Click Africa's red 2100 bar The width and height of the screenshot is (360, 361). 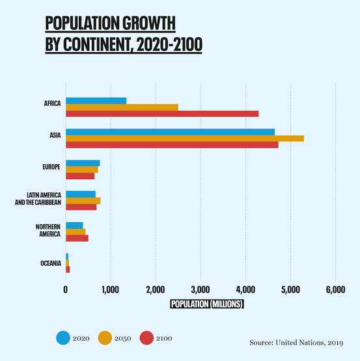coord(162,114)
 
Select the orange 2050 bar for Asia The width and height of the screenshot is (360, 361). coord(185,138)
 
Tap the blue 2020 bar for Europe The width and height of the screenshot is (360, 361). coord(83,163)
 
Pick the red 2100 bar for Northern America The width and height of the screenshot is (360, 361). coord(77,238)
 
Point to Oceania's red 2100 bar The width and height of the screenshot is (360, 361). coord(68,270)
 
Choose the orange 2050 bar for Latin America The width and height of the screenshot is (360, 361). coord(83,201)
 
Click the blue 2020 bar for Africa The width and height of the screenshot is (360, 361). coord(96,101)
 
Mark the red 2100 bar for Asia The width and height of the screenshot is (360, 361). coord(172,145)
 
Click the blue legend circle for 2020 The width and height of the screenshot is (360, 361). coord(63,338)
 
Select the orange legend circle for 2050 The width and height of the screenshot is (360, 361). coord(105,338)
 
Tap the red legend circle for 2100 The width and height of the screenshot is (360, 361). coord(146,338)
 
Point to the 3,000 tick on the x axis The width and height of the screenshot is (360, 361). coord(201,289)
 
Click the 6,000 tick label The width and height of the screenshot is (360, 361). coord(336,289)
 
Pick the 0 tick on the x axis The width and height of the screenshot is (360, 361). coord(66,289)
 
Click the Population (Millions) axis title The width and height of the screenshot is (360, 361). coord(207,304)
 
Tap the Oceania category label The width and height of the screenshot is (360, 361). coord(51,263)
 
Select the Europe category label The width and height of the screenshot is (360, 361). coord(51,167)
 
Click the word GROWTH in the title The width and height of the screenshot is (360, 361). coord(149,23)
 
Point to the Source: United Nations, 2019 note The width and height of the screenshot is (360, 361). coord(296,343)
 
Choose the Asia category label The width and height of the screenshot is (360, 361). coord(55,135)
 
